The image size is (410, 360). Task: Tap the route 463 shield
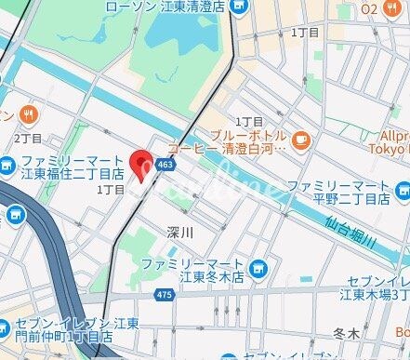pos(165,164)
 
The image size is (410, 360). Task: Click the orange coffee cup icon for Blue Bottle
pos(300,140)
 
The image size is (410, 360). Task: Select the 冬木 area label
pos(346,332)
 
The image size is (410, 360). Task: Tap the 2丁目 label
pos(28,138)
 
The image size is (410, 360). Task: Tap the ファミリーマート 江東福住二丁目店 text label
pos(73,166)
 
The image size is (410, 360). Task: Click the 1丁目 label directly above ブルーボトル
pos(249,122)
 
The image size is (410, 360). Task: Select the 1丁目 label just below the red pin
pos(111,189)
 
